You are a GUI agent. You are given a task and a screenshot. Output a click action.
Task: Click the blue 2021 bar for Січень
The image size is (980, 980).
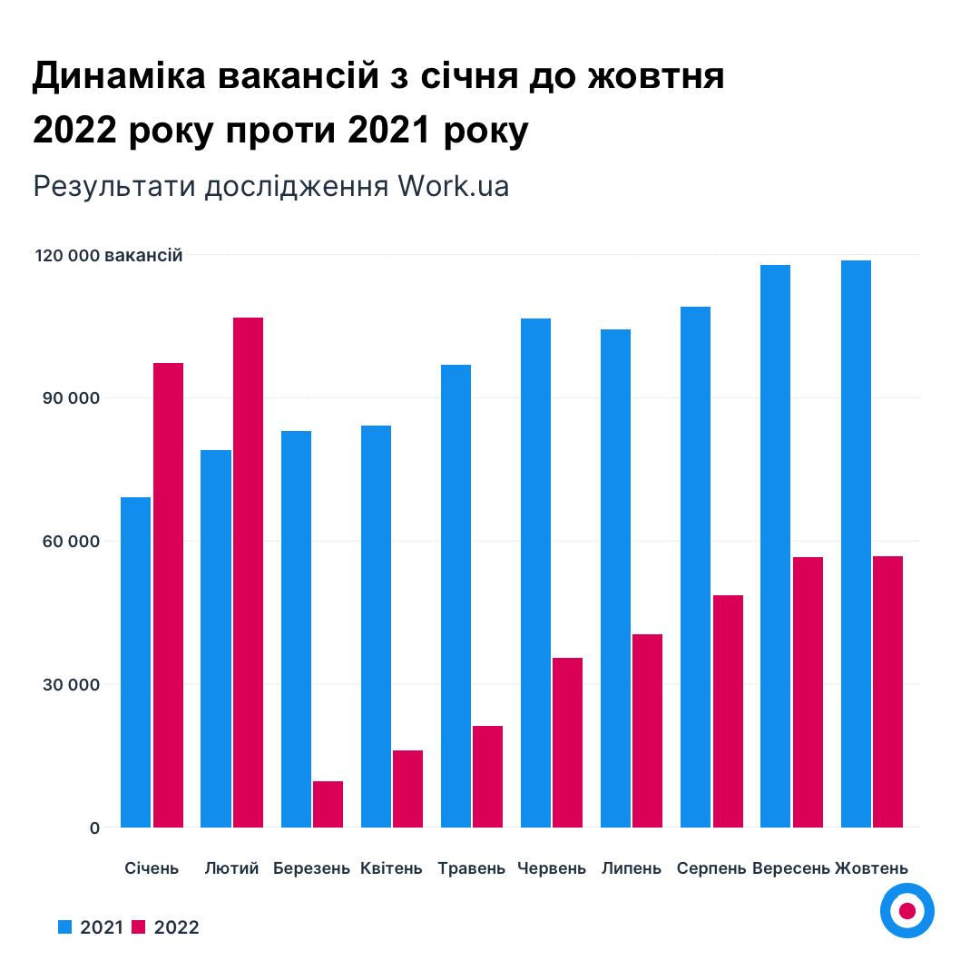tap(135, 662)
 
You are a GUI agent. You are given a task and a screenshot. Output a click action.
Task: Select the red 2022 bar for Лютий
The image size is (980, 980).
tap(248, 572)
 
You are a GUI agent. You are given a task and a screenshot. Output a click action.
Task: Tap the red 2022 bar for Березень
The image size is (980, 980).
tap(328, 804)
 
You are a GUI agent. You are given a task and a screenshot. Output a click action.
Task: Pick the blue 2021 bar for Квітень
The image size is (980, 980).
tap(376, 626)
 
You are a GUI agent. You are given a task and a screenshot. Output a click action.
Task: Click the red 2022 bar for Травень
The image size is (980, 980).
tap(487, 777)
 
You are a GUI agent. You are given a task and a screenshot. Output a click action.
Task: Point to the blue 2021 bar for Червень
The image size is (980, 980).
tap(535, 572)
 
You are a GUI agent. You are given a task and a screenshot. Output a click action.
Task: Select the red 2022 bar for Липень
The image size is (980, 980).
tap(647, 730)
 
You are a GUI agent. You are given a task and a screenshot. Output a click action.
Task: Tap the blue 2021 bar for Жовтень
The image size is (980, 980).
tap(856, 544)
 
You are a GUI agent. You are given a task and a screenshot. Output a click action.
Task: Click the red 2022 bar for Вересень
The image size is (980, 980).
tap(808, 692)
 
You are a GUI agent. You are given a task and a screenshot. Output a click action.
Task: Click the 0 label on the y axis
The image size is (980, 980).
tap(94, 828)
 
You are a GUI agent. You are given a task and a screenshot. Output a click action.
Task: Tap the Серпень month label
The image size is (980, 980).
tap(711, 868)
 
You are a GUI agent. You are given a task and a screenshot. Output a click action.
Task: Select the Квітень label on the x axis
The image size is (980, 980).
tap(391, 868)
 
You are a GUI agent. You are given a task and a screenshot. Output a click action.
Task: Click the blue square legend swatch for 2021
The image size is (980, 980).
tap(64, 926)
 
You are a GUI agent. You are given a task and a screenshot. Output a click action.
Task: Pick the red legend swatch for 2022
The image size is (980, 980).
tap(139, 926)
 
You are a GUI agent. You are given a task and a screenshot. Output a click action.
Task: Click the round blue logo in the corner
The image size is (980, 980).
tap(906, 910)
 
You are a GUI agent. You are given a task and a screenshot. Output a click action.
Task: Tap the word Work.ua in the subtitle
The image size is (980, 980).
tap(453, 186)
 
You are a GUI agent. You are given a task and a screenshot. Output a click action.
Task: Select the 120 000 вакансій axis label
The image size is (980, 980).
tap(109, 256)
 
